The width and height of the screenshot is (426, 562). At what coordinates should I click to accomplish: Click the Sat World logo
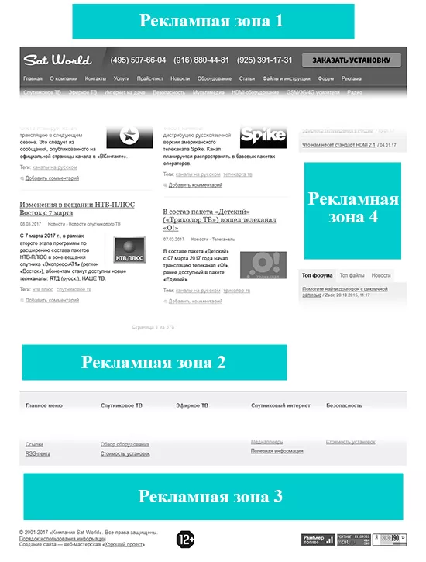click(x=57, y=60)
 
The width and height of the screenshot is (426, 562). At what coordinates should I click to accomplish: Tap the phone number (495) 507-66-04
click(x=139, y=60)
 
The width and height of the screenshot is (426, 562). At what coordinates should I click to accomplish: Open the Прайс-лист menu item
click(x=149, y=79)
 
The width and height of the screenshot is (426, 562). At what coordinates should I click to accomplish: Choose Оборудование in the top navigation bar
click(x=215, y=79)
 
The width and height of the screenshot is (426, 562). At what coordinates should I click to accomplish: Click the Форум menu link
click(x=326, y=79)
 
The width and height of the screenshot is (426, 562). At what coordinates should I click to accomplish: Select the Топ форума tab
click(x=317, y=275)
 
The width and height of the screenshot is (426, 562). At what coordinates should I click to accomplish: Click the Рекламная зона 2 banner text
click(x=153, y=362)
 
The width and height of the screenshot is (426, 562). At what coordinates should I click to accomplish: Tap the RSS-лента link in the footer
click(x=38, y=453)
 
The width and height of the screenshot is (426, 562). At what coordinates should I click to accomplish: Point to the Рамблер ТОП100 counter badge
click(x=318, y=539)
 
